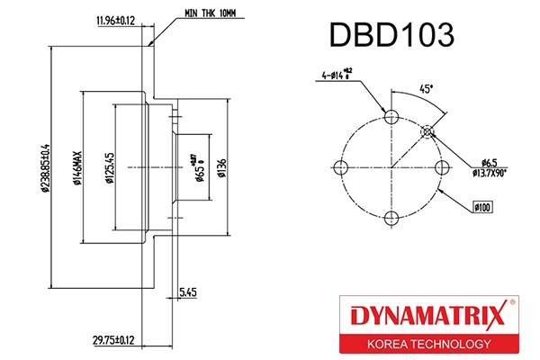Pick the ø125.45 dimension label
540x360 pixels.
pos(108,166)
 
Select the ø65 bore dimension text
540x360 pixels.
pos(199,166)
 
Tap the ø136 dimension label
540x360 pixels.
pos(221,167)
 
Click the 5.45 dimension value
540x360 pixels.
pos(188,292)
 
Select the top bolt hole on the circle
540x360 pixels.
pos(390,117)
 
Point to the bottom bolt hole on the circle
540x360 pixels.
pos(390,216)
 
